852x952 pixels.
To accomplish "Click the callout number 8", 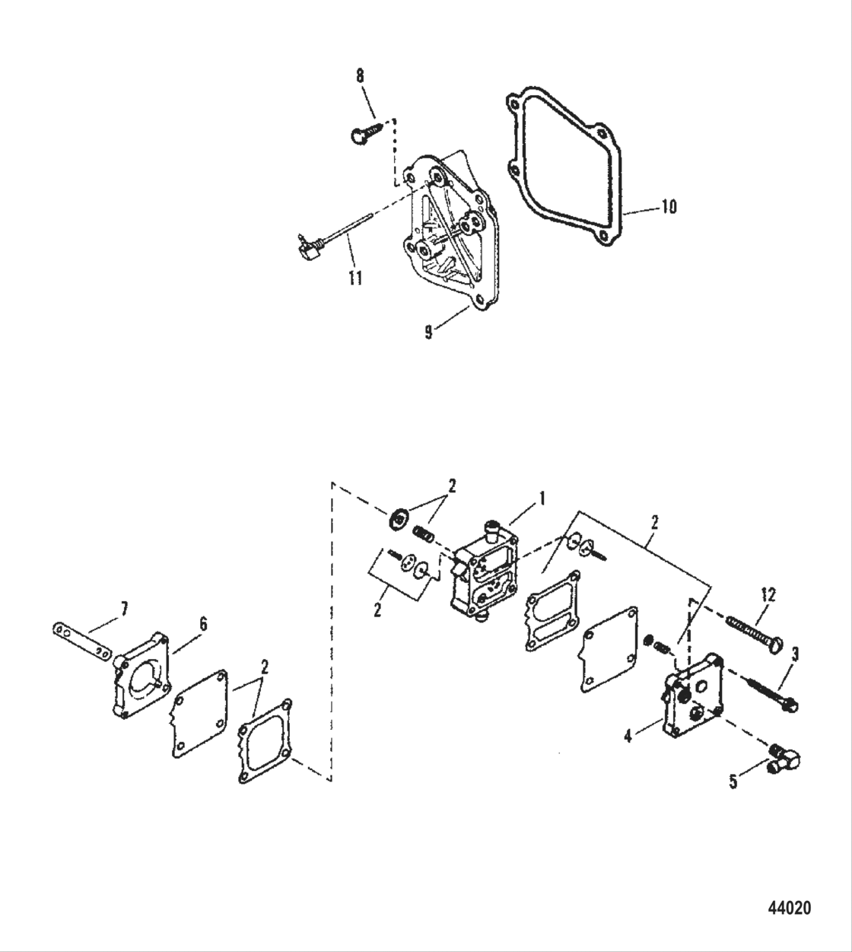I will [360, 75].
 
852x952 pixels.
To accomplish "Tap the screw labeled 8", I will [367, 130].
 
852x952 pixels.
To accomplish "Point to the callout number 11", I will [354, 278].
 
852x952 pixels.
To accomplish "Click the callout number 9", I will [429, 332].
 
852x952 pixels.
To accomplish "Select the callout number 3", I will [794, 653].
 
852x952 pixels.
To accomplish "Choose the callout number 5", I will [733, 782].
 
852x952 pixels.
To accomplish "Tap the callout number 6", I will [202, 623].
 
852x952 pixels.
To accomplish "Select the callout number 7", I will [125, 607].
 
